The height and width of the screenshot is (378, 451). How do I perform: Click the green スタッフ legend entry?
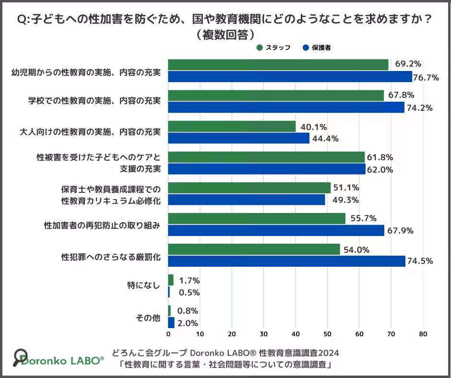coord(273,48)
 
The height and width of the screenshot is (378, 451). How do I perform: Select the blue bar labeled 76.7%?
coord(290,77)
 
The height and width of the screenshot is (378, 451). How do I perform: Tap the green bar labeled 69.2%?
coord(278,65)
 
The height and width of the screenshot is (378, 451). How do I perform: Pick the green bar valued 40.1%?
coord(232,127)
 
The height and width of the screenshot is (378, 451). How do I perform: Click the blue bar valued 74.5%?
coord(286,261)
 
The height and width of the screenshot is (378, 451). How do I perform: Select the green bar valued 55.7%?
coord(257,219)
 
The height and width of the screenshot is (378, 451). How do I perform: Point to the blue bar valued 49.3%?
coord(247,200)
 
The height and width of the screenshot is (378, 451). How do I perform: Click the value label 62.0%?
coord(380,169)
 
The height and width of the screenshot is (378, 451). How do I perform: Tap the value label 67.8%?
coord(401,95)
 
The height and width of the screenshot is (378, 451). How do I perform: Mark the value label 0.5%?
coord(189,292)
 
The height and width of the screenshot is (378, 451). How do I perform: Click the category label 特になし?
coord(144,285)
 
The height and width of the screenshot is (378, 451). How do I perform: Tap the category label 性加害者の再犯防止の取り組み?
coord(102,224)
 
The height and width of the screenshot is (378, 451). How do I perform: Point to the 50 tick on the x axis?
coord(327,334)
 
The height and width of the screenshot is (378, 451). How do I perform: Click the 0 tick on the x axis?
coord(168,334)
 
